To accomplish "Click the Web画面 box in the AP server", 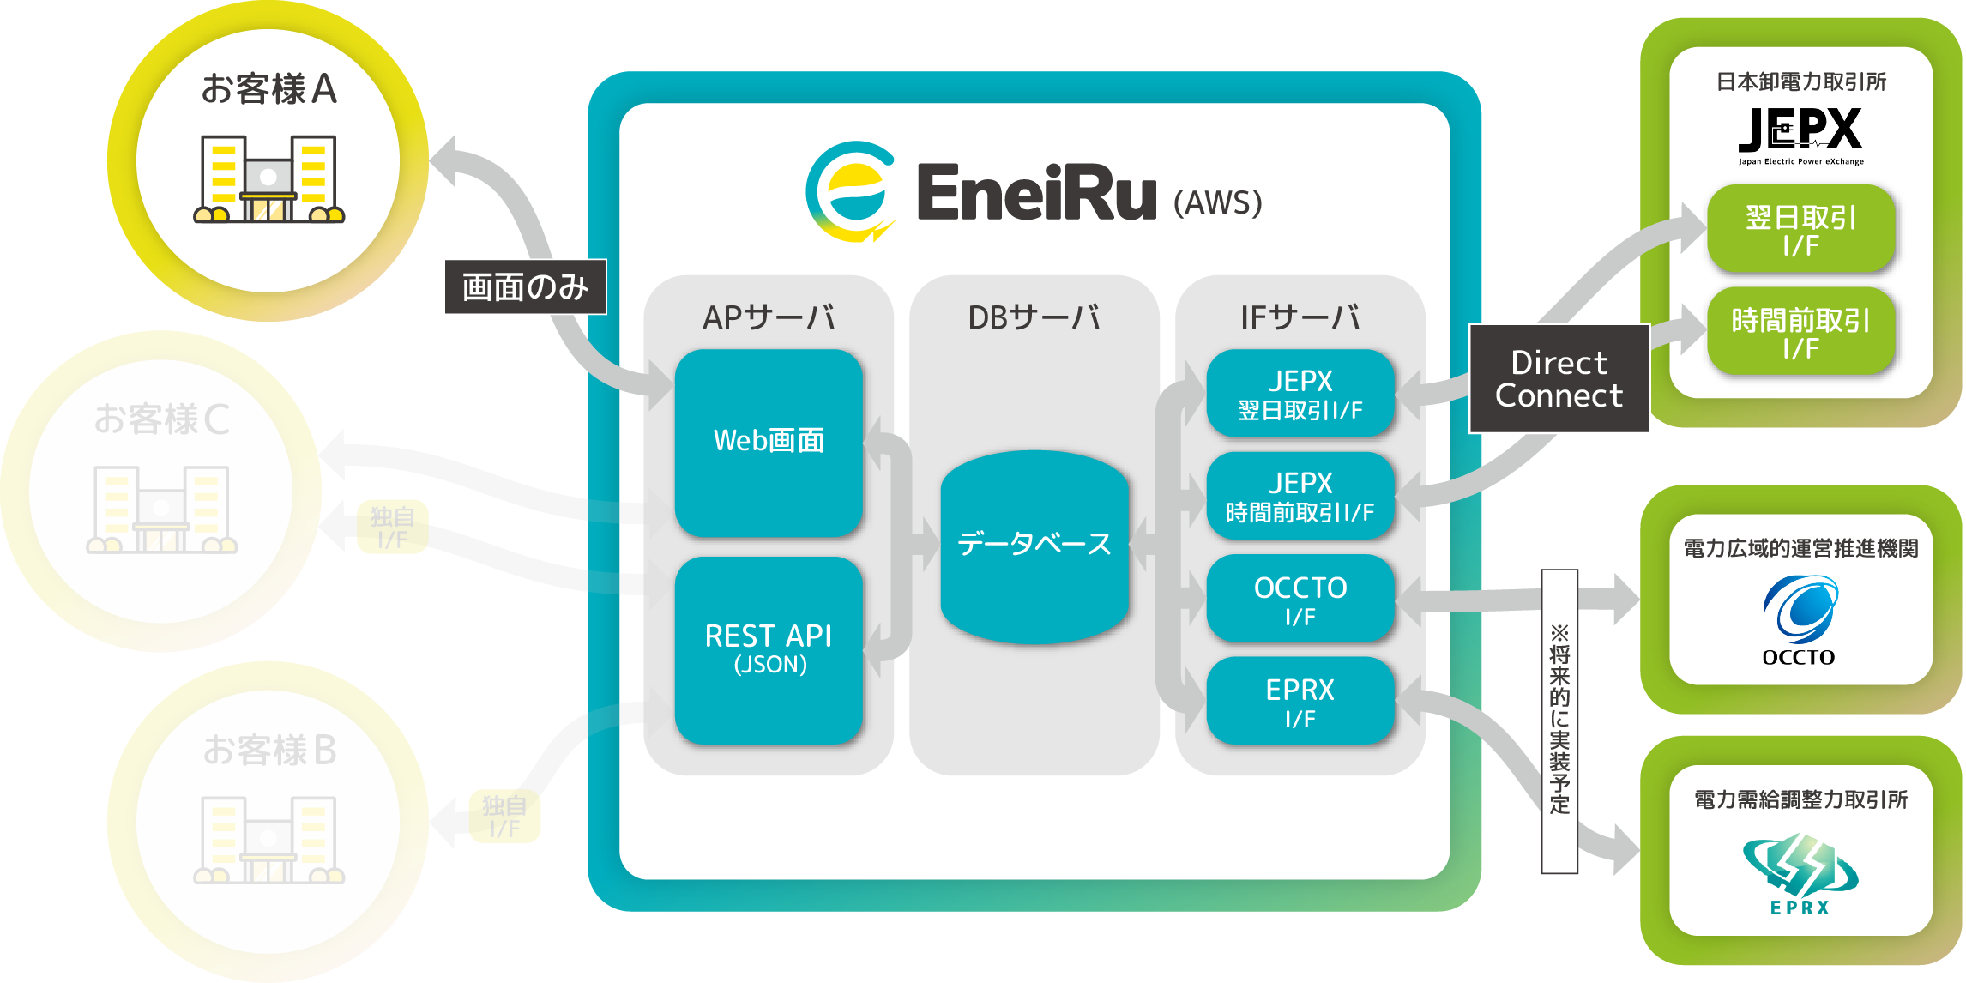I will (769, 442).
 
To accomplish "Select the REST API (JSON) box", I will (769, 649).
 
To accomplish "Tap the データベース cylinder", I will (1034, 546).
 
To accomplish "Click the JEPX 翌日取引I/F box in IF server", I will (1300, 394).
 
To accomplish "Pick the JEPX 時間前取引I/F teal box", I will (1300, 497).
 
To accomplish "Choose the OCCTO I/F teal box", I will (1300, 600).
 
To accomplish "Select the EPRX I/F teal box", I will (1300, 702).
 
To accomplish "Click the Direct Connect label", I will (1559, 378).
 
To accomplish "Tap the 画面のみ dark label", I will (525, 286).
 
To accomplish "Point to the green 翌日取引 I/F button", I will (1800, 229).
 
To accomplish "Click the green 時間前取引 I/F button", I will (1800, 332).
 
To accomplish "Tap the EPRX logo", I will (1800, 873).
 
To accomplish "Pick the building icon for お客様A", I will (268, 179).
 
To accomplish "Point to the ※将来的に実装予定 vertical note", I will (1559, 721).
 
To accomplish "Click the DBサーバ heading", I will (1034, 317).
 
